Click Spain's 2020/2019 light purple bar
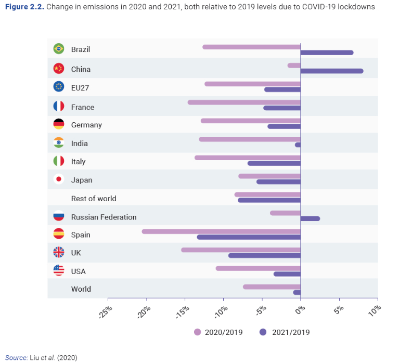[221, 231]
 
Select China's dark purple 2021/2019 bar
[331, 71]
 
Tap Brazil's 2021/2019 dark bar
[327, 53]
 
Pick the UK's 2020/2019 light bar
[241, 250]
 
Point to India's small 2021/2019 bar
[298, 145]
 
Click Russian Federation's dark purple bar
[310, 218]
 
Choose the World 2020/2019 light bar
[272, 287]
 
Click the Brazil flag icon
[59, 49]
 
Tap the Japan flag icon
[59, 179]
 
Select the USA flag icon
[59, 270]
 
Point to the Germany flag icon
[59, 124]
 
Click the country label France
[83, 107]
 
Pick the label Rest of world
[94, 199]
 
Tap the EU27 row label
[80, 88]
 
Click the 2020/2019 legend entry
[218, 332]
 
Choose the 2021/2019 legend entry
[285, 332]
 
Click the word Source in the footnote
[16, 358]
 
